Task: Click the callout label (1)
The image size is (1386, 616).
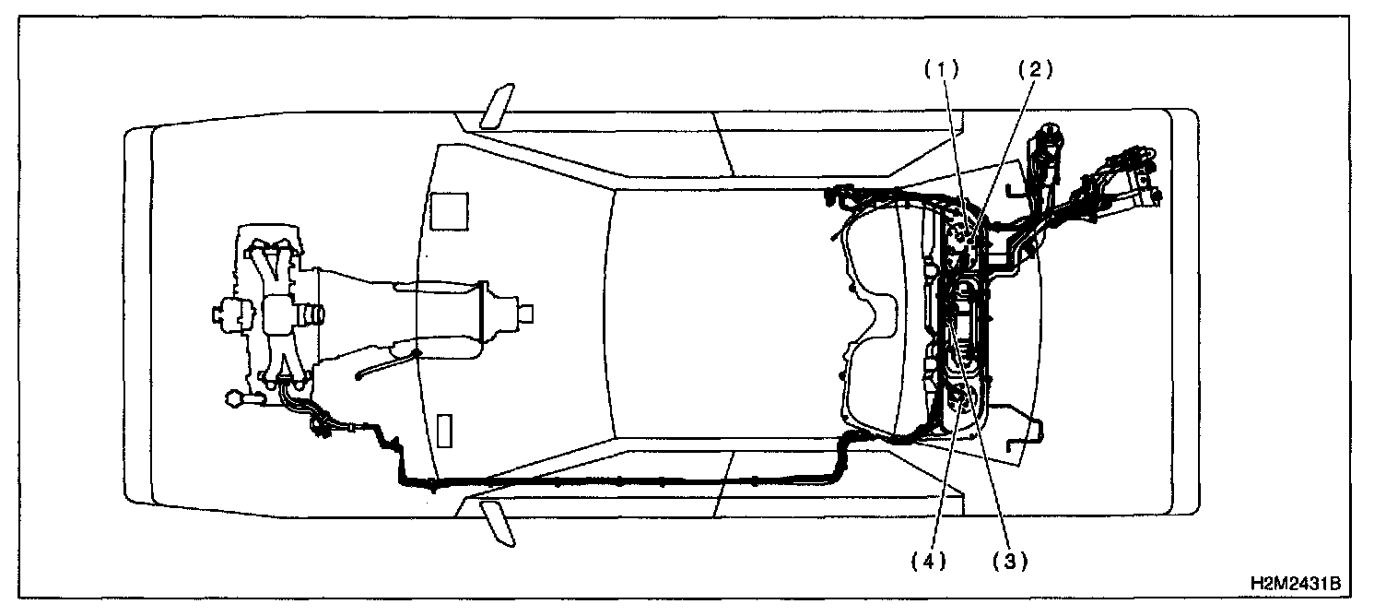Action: [943, 68]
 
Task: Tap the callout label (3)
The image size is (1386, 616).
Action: [1009, 560]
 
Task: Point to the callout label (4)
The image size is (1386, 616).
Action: [929, 560]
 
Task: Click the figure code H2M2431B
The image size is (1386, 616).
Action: [1294, 585]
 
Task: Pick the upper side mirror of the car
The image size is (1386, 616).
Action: [498, 106]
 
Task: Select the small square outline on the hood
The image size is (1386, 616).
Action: [451, 210]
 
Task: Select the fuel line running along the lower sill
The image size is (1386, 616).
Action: [627, 480]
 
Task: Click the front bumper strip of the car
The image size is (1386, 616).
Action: [138, 314]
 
